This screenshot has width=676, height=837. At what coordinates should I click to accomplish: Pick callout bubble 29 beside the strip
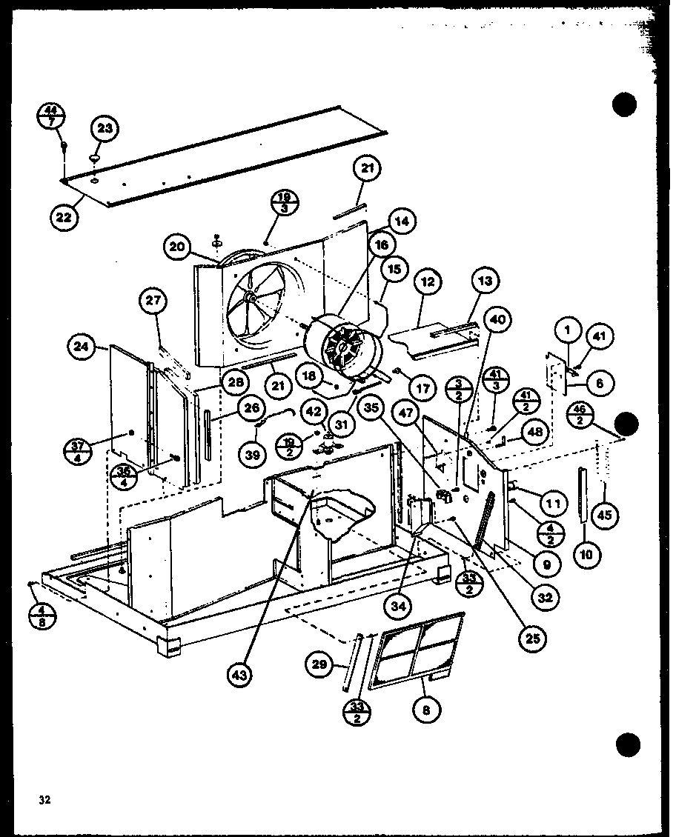tap(319, 664)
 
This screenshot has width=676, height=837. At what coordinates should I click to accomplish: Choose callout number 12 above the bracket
tap(428, 284)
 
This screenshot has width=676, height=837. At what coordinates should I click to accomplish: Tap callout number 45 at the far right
tap(606, 516)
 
